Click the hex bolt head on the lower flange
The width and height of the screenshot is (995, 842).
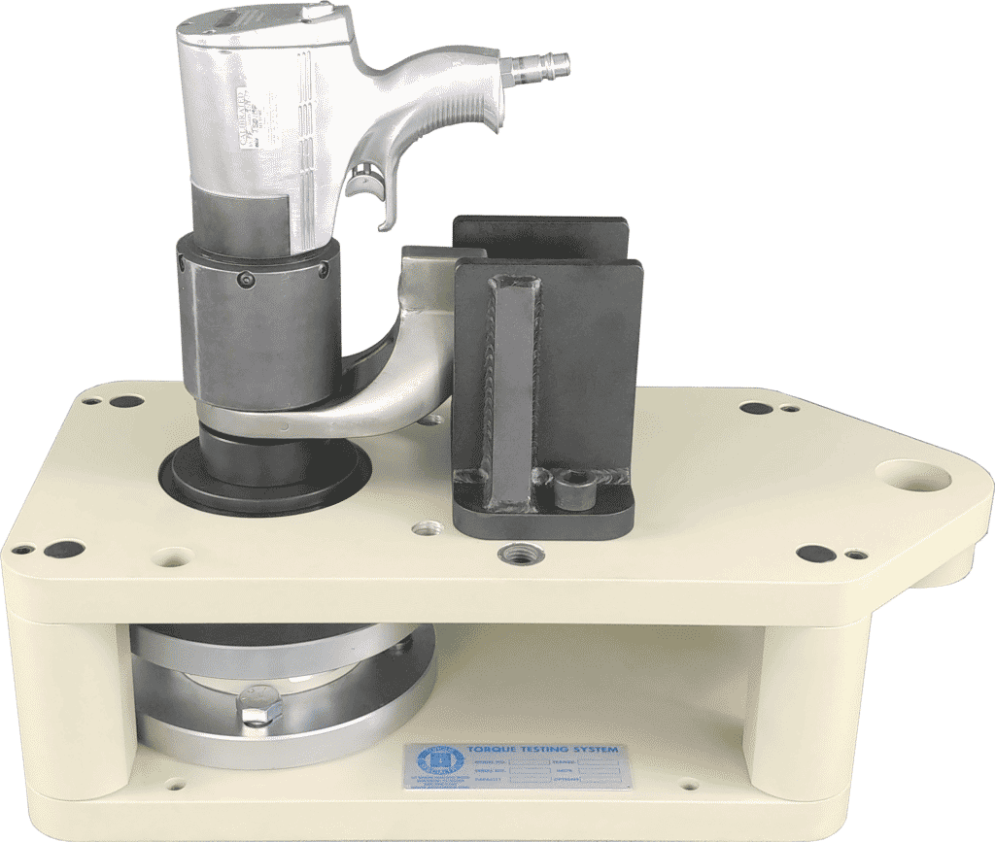[x=256, y=707]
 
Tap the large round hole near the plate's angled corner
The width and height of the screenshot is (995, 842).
[x=912, y=476]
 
